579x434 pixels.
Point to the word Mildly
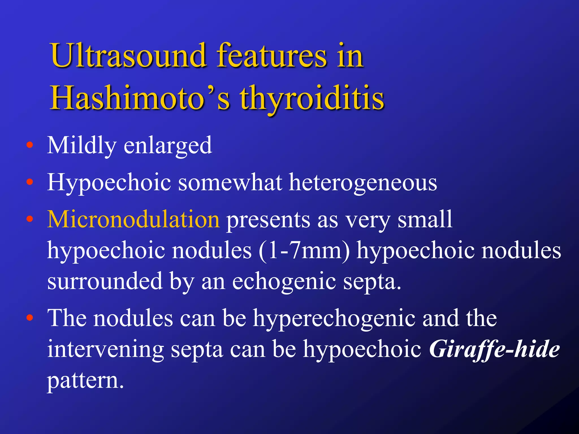click(82, 145)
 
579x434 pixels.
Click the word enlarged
click(168, 146)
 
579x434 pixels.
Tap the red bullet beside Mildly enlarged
click(29, 146)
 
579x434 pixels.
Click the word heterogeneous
click(363, 183)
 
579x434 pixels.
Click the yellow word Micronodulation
click(133, 219)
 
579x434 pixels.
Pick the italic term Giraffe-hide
click(494, 349)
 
